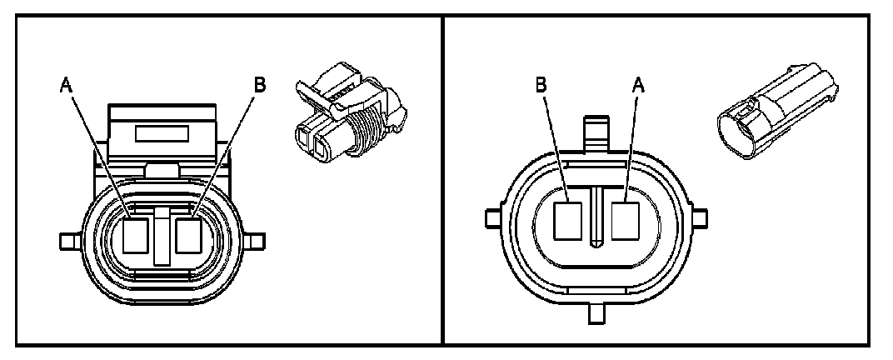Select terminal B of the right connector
click(569, 220)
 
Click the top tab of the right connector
click(595, 132)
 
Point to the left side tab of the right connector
click(491, 219)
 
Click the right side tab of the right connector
click(700, 219)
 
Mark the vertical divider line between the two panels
click(442, 179)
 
